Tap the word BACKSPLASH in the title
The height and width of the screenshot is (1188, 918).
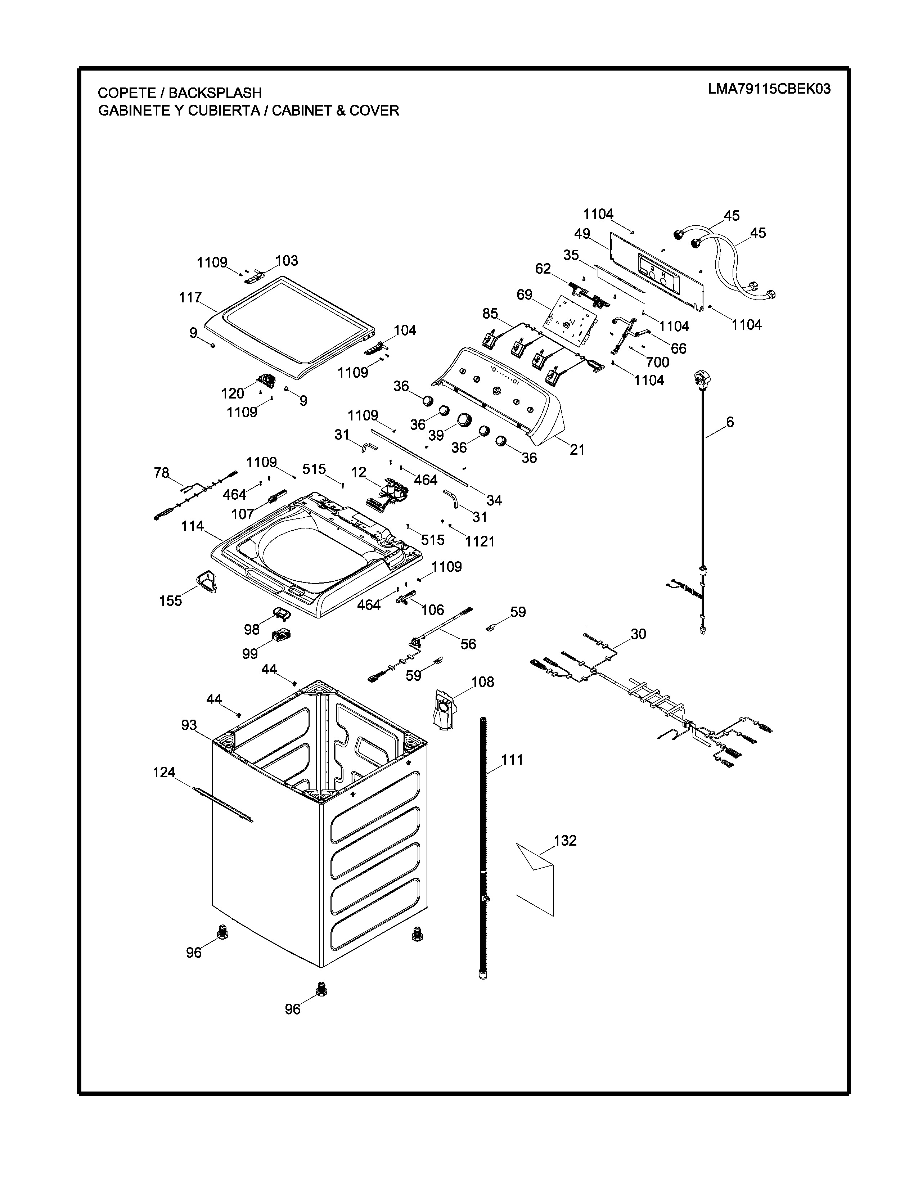coord(215,93)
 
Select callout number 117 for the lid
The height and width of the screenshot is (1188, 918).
coord(190,298)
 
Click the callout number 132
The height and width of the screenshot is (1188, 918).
coord(565,840)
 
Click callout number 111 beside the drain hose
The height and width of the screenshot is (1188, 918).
coord(512,759)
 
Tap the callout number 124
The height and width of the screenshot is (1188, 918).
coord(164,772)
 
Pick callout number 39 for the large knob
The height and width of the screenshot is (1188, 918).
coord(436,435)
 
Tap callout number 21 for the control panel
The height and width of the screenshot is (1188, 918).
coord(577,449)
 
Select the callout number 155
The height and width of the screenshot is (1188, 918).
coord(170,600)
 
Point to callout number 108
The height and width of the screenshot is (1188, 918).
coord(482,681)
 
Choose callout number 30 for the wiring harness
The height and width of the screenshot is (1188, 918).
coord(639,634)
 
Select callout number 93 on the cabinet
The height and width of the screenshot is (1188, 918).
coord(189,725)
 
